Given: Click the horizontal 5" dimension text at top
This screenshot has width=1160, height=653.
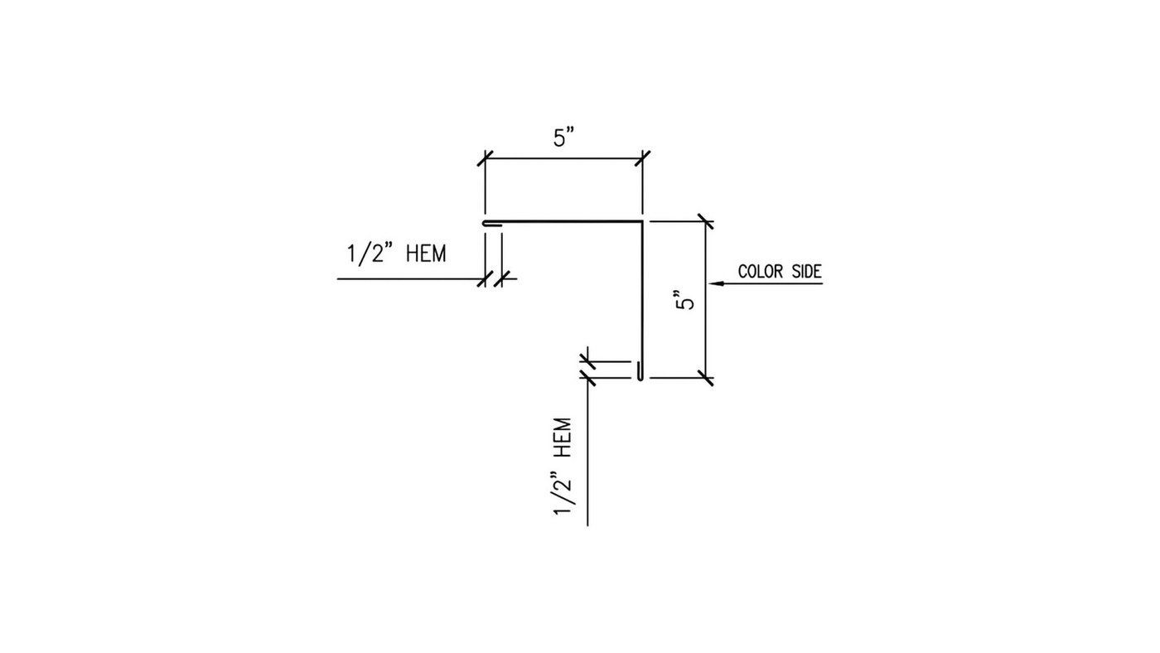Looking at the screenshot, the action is point(564,138).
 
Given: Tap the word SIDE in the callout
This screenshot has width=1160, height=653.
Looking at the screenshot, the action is point(807,271).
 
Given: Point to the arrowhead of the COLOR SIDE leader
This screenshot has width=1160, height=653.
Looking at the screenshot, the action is point(715,283).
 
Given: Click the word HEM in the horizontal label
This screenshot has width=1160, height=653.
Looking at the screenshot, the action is point(426,254).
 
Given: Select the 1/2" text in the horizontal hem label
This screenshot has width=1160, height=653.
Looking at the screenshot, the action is point(370,254).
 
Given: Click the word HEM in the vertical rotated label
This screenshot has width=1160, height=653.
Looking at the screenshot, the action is point(563,438).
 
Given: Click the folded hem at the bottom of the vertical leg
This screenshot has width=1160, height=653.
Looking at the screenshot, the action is point(640,370).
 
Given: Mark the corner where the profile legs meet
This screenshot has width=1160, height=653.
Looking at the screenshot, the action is point(642,221).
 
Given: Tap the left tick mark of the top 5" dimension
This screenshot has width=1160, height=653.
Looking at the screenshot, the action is point(486,158).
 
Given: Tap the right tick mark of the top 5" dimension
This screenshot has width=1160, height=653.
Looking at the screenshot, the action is point(643,158).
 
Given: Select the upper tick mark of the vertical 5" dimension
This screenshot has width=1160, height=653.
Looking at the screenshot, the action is point(705,221).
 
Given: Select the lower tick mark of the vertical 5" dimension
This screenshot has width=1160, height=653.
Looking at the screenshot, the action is point(705,378).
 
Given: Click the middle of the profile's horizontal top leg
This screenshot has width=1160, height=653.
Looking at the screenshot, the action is point(563,221).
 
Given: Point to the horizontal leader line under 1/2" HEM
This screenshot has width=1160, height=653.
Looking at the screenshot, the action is point(427,279).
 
